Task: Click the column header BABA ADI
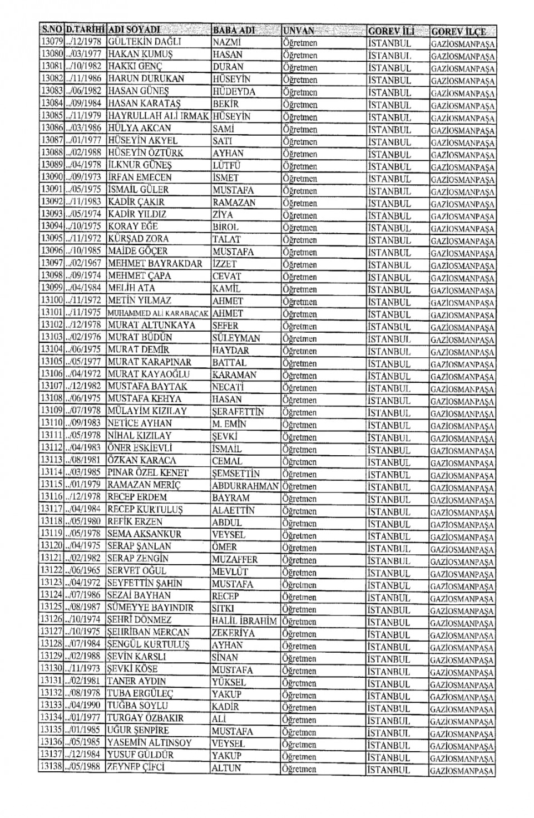pos(234,30)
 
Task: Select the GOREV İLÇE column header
pos(458,32)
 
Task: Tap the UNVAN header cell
pos(299,31)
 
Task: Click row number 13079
pos(52,42)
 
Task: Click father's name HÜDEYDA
pos(234,92)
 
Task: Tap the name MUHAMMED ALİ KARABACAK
pos(159,313)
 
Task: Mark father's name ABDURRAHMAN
pos(245,486)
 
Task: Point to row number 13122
pos(52,571)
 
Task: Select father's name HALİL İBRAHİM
pos(244,621)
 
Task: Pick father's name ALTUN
pos(226,768)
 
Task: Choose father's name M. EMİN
pos(229,424)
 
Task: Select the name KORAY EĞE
pos(133,226)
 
